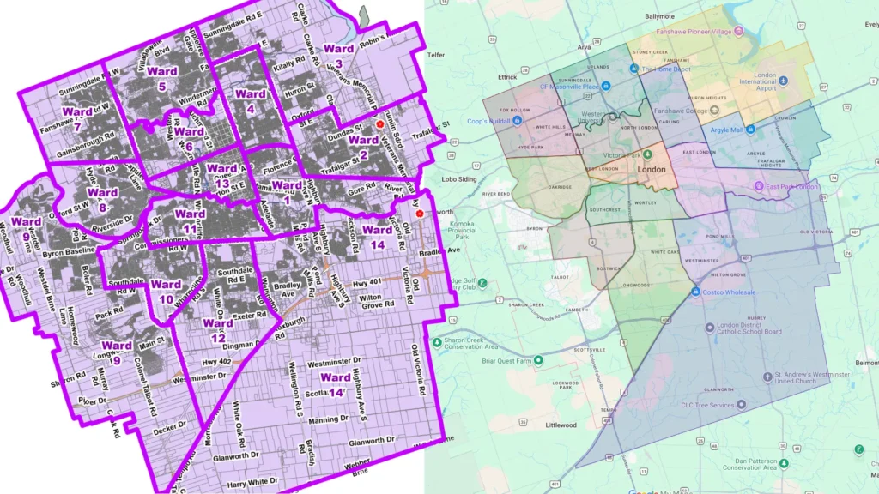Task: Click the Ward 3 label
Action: (x=339, y=56)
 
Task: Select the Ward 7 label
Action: (x=77, y=119)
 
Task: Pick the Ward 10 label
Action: (x=166, y=291)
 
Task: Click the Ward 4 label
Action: (x=250, y=101)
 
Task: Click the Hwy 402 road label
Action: (x=217, y=364)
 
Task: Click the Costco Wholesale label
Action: (x=729, y=292)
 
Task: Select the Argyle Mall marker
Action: (x=750, y=130)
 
